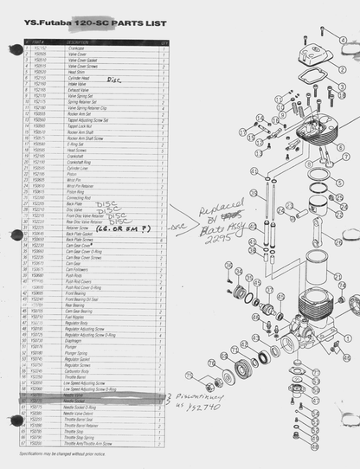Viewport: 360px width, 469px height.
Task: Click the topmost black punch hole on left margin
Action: [x=15, y=49]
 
